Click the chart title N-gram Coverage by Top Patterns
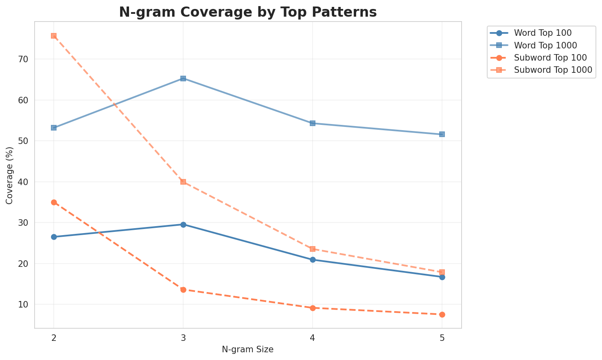click(247, 12)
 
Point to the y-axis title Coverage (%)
click(9, 175)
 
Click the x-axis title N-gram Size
click(247, 349)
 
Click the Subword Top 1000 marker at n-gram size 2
click(54, 36)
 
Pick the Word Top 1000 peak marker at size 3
click(183, 79)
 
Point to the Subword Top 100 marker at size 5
click(442, 314)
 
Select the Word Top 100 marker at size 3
click(183, 225)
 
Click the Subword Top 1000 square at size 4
click(313, 249)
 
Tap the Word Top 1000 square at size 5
click(442, 134)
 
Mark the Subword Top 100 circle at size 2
click(54, 202)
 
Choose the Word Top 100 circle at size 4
click(313, 260)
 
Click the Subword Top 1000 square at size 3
click(183, 182)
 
